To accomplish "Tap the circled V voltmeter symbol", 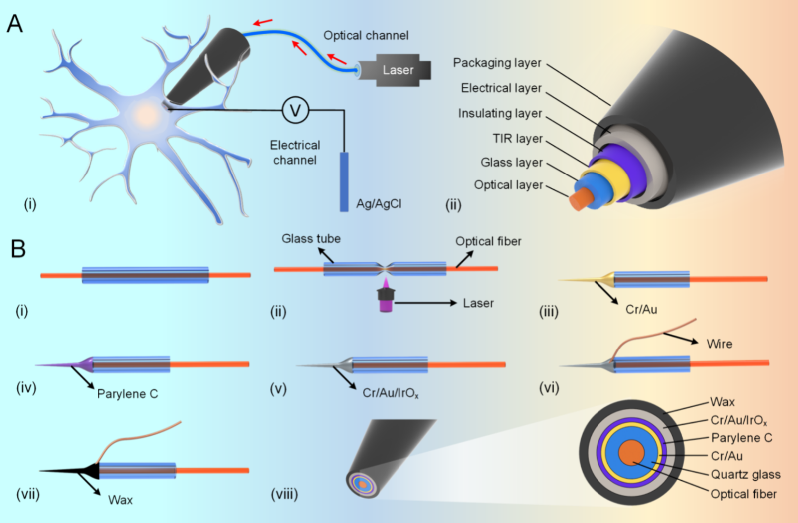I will pos(295,110).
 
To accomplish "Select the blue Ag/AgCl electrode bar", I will pos(344,181).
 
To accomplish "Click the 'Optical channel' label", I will pos(366,36).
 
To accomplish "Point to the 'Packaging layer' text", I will pos(497,63).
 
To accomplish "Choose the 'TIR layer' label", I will pos(517,138).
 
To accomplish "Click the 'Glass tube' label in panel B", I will pos(311,239).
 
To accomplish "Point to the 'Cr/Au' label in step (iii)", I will pos(641,310).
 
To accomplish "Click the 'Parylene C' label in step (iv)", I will pos(127,394).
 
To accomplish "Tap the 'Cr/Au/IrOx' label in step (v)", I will pos(391,393).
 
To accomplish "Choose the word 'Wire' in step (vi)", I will pos(719,344).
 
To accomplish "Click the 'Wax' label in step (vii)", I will pos(120,500).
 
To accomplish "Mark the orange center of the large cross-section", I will pos(631,453).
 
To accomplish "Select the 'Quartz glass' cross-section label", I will pos(745,474).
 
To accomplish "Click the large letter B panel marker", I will pos(18,248).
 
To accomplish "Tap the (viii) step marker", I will pos(284,494).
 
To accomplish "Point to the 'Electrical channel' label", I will pos(295,153).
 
